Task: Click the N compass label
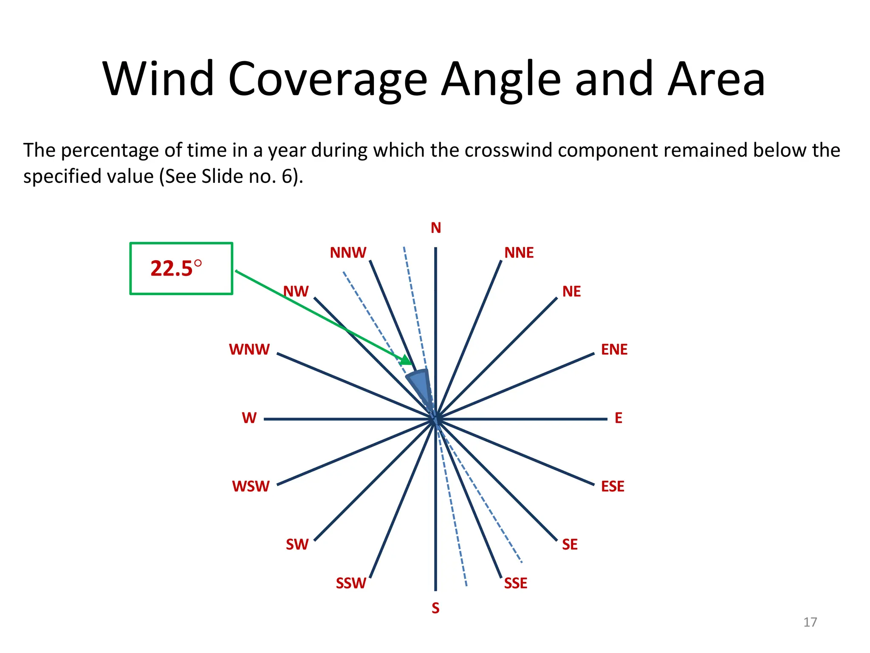[435, 228]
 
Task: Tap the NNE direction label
[519, 253]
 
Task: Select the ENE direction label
[614, 349]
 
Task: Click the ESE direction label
[612, 486]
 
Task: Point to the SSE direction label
[515, 583]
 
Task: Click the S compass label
[435, 608]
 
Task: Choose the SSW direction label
[351, 583]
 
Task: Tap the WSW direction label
[251, 486]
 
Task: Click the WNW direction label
[249, 349]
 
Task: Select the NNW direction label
[348, 253]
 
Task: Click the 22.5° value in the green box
[176, 269]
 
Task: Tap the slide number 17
[810, 622]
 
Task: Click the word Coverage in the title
[327, 80]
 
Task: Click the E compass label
[618, 418]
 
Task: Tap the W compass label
[249, 418]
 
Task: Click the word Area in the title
[716, 80]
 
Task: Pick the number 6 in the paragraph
[286, 176]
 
